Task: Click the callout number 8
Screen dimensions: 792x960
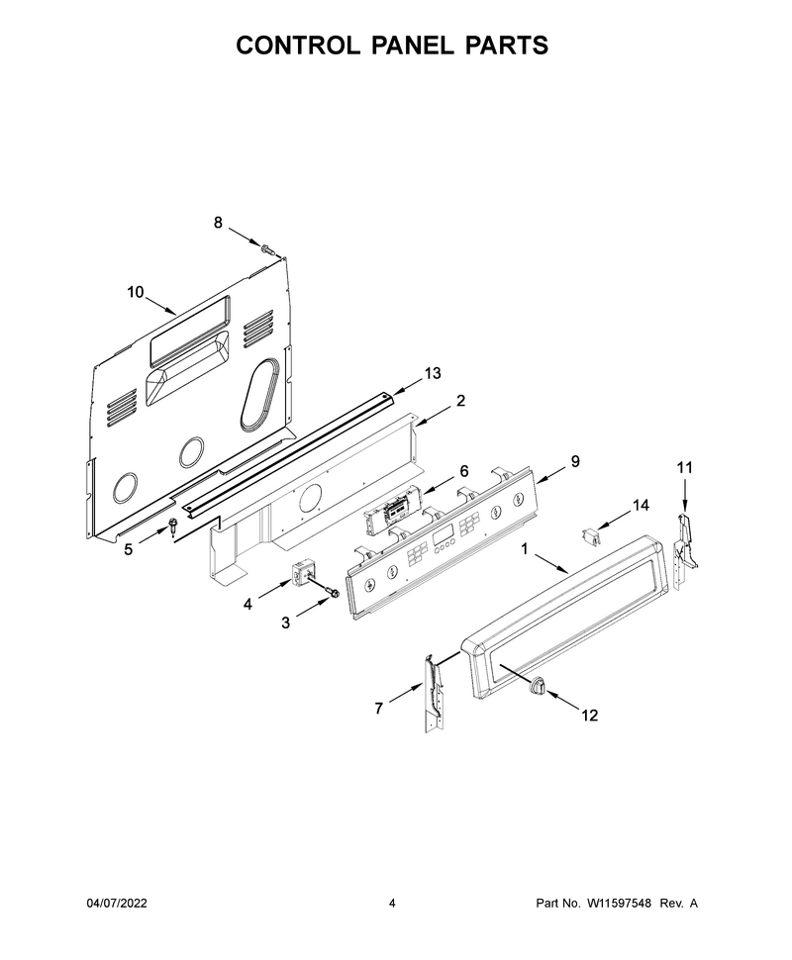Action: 218,223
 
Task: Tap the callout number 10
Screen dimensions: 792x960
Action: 136,292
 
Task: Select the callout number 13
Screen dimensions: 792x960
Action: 433,373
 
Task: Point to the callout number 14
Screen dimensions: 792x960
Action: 641,505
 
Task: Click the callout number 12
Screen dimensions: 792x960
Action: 589,716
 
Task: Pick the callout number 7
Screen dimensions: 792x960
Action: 378,709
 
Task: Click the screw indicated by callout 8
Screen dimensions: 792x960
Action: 266,249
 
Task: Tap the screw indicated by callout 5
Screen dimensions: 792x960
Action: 172,526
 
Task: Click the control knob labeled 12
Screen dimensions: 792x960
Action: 536,685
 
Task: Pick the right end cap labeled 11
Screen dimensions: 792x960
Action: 685,552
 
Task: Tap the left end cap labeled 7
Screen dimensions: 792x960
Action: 435,692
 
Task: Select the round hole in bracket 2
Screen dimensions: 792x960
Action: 311,497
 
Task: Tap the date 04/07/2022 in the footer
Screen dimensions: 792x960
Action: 117,903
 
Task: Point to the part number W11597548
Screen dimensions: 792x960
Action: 620,903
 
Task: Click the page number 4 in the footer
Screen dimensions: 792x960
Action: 392,903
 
